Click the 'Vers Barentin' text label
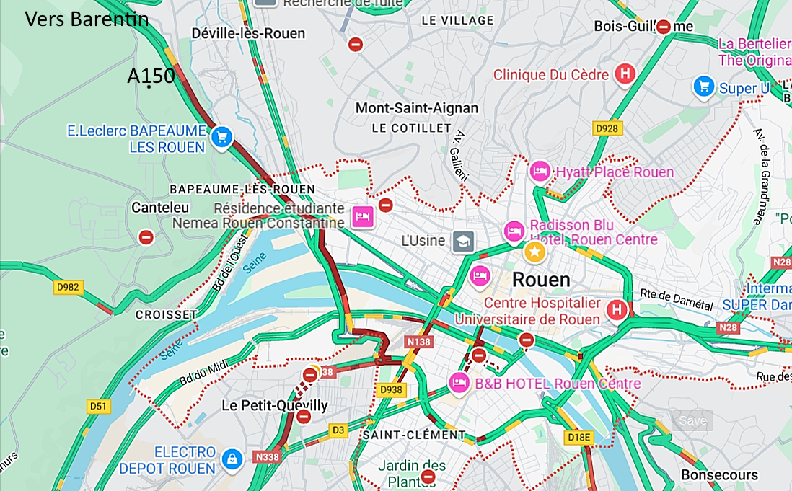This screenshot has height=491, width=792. coord(87,19)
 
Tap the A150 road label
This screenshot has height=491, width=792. coord(151,76)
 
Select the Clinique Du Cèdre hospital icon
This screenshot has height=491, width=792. coord(625,74)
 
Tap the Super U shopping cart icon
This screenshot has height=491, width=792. coord(703,87)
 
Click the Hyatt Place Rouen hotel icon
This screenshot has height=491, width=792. coord(539,172)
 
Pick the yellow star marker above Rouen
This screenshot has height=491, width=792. coord(534,252)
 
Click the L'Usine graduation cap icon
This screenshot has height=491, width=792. coord(462,242)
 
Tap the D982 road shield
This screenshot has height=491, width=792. coord(69,288)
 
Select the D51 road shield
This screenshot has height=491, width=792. coord(98,407)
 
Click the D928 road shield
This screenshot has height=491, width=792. coord(607,128)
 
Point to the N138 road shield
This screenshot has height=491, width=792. coord(418,342)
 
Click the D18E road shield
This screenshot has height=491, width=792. coord(578,437)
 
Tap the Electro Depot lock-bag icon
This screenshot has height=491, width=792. coord(232,459)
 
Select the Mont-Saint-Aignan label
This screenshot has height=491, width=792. coord(416,108)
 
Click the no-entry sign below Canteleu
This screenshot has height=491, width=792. coord(146,236)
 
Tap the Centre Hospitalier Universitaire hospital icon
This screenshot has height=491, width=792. coord(617,310)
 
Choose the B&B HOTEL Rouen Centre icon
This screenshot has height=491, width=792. coord(459,383)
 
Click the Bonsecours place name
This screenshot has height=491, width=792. coord(719,475)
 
